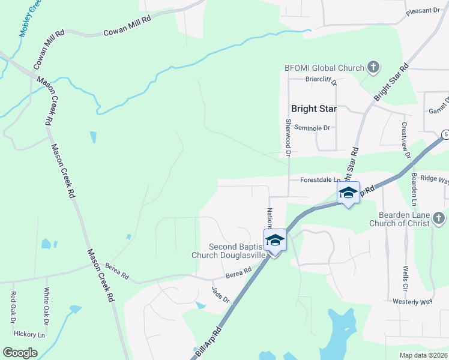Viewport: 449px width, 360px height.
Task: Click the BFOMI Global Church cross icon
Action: coord(373,68)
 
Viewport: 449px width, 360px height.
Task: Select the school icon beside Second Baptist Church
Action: coord(275,240)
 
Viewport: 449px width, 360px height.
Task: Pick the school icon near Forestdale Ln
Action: coord(348,193)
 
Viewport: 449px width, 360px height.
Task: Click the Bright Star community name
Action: coord(313,109)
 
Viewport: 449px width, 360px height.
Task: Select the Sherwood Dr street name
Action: coord(288,137)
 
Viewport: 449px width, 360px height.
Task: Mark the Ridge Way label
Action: coord(435,179)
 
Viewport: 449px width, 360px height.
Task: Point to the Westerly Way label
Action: coord(412,302)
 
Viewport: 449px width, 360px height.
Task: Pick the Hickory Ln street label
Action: coord(30,334)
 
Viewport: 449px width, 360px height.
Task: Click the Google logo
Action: coord(20,353)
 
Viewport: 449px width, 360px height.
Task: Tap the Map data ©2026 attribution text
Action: coord(422,355)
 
